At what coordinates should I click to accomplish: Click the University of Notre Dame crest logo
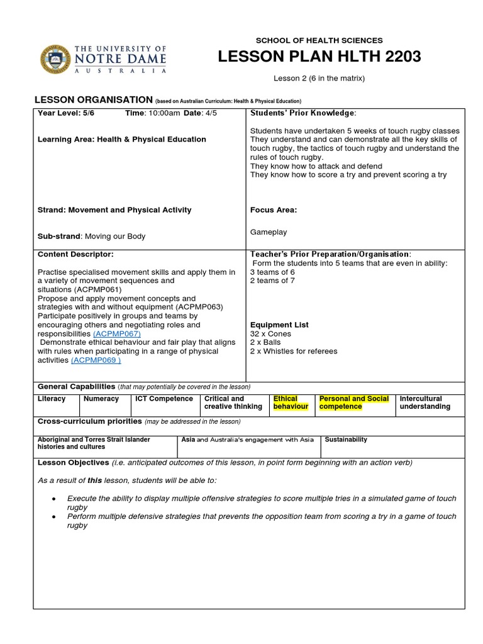[56, 60]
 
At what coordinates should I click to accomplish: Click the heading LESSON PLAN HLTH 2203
[319, 58]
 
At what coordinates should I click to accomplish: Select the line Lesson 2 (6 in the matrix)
[319, 79]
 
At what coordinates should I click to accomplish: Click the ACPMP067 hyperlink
[116, 334]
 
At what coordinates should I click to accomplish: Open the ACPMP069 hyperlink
[96, 360]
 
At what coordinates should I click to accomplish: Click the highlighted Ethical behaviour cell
[291, 402]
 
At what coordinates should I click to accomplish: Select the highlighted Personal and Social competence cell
[353, 402]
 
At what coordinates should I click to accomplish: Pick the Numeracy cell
[102, 399]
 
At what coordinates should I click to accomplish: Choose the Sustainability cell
[346, 440]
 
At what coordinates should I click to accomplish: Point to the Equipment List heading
[279, 325]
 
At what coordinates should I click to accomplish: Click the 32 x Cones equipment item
[270, 334]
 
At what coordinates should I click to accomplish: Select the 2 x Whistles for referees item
[293, 352]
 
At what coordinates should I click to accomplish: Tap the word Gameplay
[269, 232]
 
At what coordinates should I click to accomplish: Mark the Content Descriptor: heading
[75, 254]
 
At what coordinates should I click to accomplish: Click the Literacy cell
[52, 399]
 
